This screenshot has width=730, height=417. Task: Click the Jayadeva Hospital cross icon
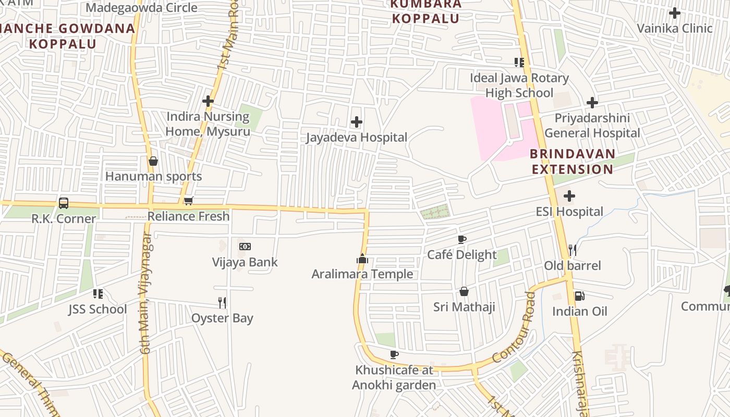pos(357,122)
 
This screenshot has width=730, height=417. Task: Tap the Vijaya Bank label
pos(245,262)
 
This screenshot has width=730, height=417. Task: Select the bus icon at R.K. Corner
pos(64,203)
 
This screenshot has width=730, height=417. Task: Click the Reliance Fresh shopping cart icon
pos(189,201)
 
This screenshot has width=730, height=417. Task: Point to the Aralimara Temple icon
pos(362,259)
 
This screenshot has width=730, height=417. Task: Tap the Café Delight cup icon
pos(461,240)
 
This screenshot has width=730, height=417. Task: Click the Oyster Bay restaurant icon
pos(222,302)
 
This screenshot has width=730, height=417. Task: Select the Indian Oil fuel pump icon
pos(579,296)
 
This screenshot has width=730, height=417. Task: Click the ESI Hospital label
pos(569,212)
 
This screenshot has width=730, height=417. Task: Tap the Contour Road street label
pos(514,328)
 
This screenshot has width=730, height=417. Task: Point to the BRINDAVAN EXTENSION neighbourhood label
pos(573,162)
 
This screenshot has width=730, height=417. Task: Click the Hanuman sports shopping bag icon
pos(153,161)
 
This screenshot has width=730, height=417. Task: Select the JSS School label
pos(98,309)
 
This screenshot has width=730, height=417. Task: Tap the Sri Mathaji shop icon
pos(464,291)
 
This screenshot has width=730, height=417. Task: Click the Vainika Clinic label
pos(675,28)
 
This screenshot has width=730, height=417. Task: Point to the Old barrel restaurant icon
pos(573,250)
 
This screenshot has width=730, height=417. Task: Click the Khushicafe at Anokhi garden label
pos(394,377)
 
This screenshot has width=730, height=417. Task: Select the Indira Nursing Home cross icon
pos(208,101)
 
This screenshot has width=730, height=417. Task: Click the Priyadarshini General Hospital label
pos(592,126)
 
